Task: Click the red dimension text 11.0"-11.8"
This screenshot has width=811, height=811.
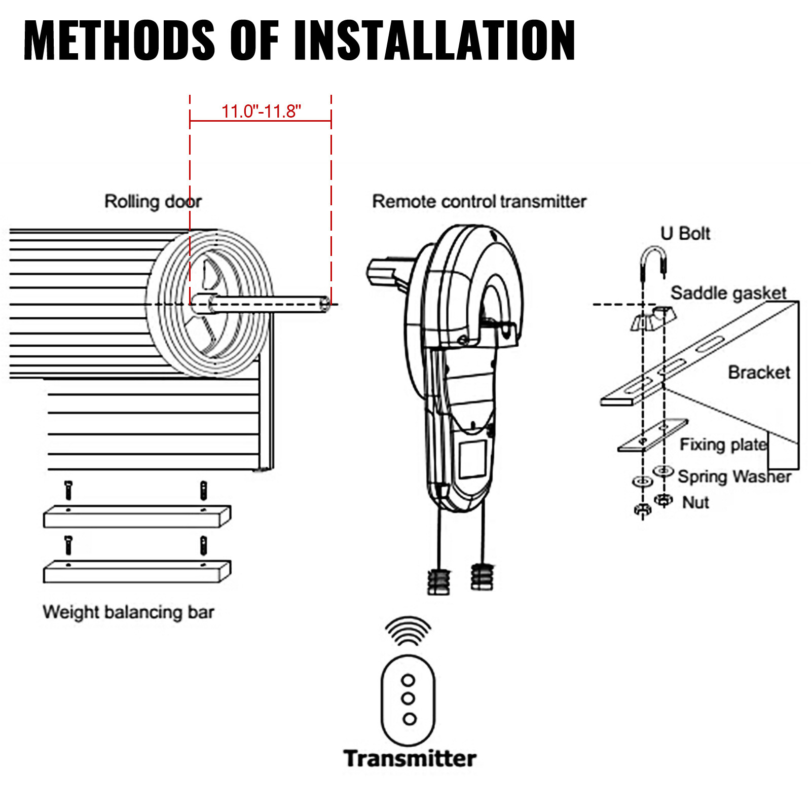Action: pos(261,111)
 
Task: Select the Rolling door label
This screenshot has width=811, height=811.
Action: pos(153,201)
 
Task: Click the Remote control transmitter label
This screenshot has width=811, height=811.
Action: pos(479,201)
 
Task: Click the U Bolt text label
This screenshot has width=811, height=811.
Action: pos(685,234)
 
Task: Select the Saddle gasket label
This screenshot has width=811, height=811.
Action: pos(728,293)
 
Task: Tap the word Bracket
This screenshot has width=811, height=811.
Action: pos(759,373)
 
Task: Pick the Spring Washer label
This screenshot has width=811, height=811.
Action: pos(734,476)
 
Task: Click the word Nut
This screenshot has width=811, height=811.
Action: pos(695,502)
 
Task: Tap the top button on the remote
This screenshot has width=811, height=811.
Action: pos(408,680)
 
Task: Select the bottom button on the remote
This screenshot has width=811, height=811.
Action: pos(409,718)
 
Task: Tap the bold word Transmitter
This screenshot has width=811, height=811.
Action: pos(410,759)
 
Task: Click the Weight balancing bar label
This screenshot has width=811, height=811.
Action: pos(128,612)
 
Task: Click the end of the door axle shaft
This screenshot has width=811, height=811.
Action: pos(324,305)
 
